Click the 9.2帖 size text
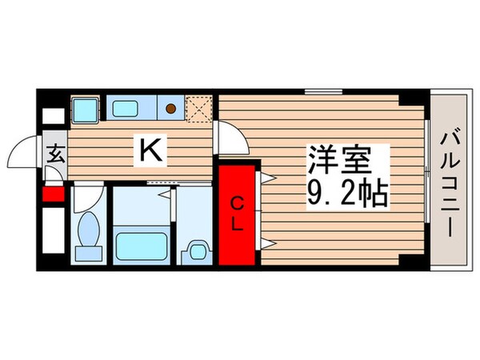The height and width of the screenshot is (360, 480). (x=346, y=194)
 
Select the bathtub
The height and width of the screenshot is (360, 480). (x=140, y=243)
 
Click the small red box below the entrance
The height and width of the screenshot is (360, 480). (x=54, y=193)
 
